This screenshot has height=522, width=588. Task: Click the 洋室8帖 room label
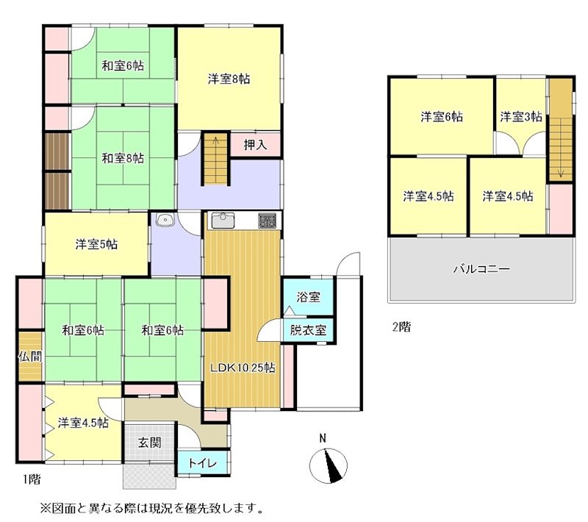click(228, 79)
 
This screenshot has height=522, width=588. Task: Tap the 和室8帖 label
click(123, 158)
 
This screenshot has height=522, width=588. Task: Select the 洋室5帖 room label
click(96, 245)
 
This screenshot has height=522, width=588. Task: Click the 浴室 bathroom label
click(308, 298)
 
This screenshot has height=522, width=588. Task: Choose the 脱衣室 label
click(308, 331)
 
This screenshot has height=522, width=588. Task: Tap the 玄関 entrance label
click(150, 443)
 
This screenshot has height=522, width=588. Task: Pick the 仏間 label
click(30, 357)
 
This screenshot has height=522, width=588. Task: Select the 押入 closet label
click(255, 145)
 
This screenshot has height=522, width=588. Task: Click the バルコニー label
click(481, 269)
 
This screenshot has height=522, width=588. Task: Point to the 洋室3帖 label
click(521, 116)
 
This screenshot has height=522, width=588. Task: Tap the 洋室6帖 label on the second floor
click(442, 116)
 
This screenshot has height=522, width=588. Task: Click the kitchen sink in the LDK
click(223, 220)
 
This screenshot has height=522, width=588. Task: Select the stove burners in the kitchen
click(267, 220)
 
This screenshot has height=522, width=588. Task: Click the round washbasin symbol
click(164, 219)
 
